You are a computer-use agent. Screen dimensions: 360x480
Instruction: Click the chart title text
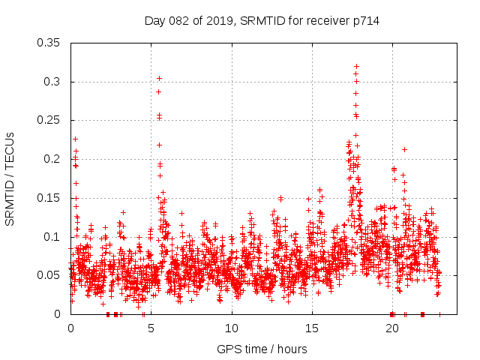pos(262,21)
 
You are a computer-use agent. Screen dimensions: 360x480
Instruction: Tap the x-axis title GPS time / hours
pos(262,349)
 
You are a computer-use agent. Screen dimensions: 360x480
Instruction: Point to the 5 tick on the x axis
pos(151,328)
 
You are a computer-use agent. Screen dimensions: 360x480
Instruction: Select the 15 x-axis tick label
pos(312,328)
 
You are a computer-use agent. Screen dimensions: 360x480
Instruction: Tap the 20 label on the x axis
pos(392,328)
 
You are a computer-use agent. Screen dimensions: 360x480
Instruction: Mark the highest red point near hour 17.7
pos(356,66)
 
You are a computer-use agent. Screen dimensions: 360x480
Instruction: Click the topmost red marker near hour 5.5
pos(159,78)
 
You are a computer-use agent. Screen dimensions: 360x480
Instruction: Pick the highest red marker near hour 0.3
pos(75,139)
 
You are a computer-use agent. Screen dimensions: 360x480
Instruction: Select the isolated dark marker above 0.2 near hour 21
pos(404,149)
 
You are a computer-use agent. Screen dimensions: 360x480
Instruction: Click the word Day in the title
pos(154,21)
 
